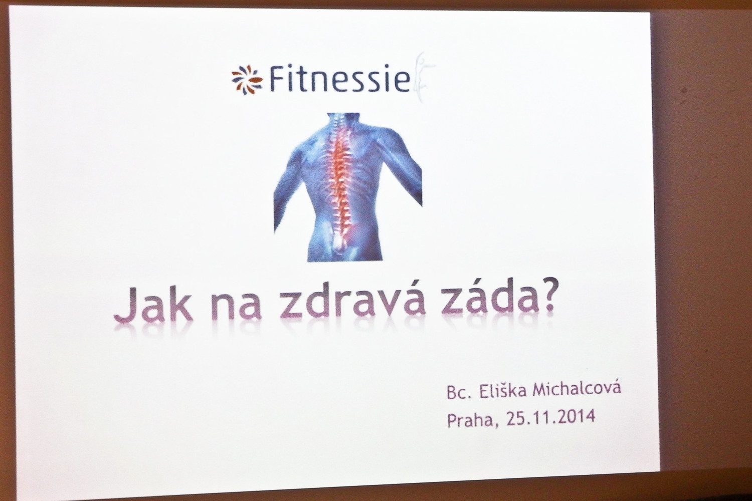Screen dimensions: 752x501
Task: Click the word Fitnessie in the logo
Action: pyautogui.click(x=339, y=79)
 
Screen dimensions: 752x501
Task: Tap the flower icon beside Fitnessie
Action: pyautogui.click(x=248, y=80)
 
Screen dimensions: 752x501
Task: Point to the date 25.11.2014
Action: pyautogui.click(x=550, y=417)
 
